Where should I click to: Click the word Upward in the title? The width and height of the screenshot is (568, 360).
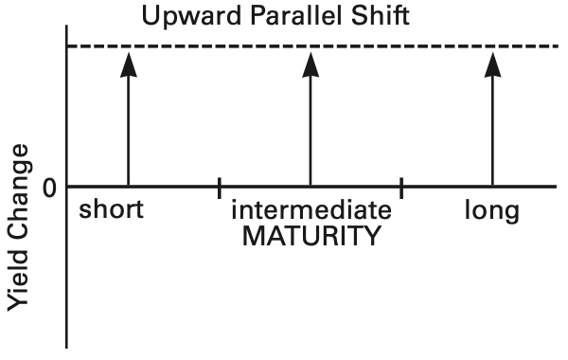[191, 16]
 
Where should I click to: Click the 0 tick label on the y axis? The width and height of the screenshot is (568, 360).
[49, 189]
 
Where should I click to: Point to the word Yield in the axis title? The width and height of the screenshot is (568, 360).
[18, 281]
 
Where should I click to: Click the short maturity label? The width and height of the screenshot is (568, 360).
[111, 209]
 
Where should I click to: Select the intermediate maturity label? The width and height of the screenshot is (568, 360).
[311, 209]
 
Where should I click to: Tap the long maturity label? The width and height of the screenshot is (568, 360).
[492, 211]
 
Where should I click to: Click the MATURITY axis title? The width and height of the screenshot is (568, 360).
[311, 236]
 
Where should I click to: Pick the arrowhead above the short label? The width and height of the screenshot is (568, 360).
[129, 64]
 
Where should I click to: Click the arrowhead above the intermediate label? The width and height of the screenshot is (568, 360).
[311, 64]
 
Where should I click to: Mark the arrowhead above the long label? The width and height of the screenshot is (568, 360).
[492, 64]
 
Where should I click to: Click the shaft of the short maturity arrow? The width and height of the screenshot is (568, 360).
[129, 132]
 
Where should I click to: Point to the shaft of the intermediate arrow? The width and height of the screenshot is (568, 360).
[311, 132]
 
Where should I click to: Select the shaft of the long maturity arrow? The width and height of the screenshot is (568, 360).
[492, 132]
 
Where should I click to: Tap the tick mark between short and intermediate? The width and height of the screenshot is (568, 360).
[220, 189]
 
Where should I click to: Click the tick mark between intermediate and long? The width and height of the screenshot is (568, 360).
[401, 189]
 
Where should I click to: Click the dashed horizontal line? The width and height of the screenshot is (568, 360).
[313, 46]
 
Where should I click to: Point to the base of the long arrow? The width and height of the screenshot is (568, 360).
[492, 186]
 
